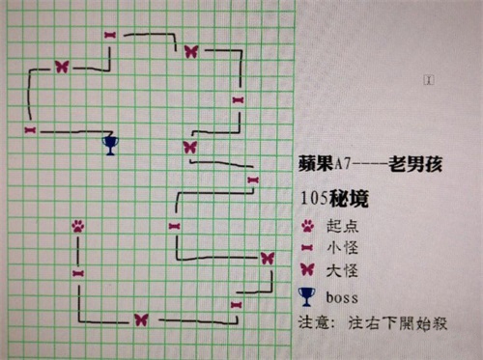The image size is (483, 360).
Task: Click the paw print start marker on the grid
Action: (x=77, y=226)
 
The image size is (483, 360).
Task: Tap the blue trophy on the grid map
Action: (x=109, y=145)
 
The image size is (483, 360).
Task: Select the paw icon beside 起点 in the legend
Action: (x=308, y=225)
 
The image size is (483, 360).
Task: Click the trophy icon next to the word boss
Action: (x=308, y=295)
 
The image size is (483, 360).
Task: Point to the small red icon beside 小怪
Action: (x=308, y=248)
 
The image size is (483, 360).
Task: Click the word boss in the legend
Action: (x=343, y=295)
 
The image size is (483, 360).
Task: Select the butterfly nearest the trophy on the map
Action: (x=189, y=147)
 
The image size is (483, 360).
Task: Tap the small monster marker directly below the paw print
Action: (x=77, y=273)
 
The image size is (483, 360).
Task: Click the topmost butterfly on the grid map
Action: (x=190, y=50)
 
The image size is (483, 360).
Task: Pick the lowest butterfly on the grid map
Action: (x=141, y=318)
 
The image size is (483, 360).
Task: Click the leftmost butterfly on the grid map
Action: (x=62, y=67)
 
